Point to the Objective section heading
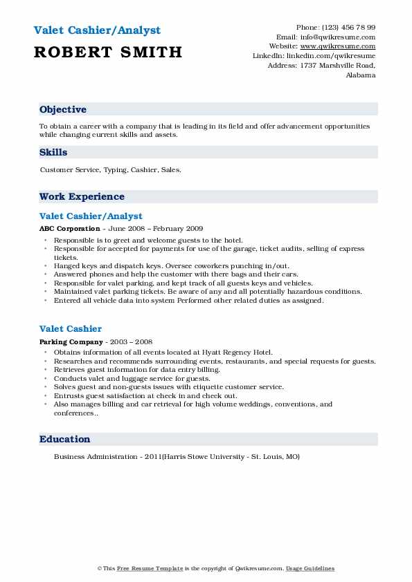point(63,110)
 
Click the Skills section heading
point(53,152)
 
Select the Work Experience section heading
point(82,197)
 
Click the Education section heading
point(64,440)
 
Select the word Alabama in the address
point(361,75)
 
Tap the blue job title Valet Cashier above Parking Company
point(71,329)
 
